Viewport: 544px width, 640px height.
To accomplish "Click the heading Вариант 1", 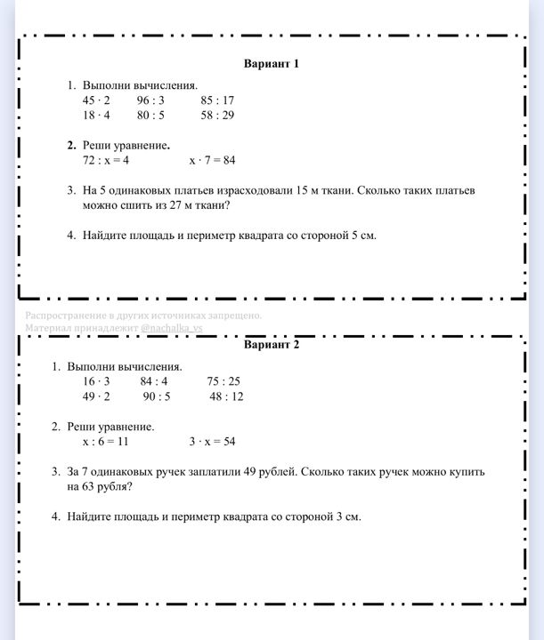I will coord(272,64).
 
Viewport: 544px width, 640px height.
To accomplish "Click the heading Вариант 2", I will coord(272,345).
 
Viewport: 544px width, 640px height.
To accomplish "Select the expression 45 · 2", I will coord(96,100).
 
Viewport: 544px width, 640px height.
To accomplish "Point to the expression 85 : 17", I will coord(217,100).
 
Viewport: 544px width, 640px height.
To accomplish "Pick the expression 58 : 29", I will coord(217,116).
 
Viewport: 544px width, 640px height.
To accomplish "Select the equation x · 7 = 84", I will coord(212,160).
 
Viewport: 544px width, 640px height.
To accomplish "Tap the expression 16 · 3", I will coord(96,381).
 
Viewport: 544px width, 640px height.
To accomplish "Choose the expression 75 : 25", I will coord(223,381).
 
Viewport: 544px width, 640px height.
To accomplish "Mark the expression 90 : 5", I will coord(157,396).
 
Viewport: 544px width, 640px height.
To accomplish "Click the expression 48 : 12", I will coord(226,396).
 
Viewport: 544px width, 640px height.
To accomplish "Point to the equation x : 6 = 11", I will coord(106,441).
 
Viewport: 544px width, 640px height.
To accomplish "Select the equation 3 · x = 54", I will coord(212,441).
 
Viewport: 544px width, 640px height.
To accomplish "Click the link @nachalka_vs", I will coord(172,328).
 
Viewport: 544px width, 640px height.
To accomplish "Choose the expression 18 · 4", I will coord(96,116).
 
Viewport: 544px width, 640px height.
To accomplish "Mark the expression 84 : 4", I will coord(154,381).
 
